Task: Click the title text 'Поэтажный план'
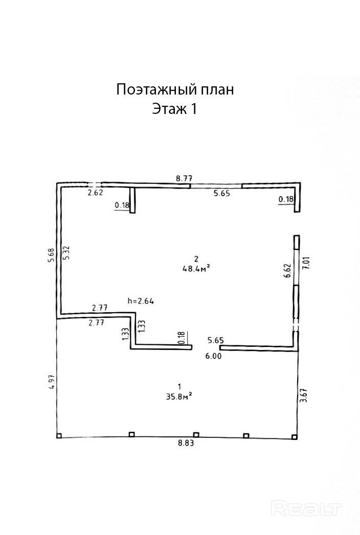(x=175, y=90)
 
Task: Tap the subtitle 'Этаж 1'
(x=174, y=109)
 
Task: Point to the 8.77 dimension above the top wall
(x=184, y=178)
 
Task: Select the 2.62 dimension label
(x=96, y=193)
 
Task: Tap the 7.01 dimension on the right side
(x=306, y=265)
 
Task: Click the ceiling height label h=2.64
(x=141, y=301)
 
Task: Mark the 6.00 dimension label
(x=213, y=357)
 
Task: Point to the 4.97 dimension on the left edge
(x=50, y=383)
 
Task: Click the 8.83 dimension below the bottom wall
(x=186, y=444)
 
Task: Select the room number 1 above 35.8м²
(x=178, y=386)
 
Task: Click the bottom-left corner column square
(x=59, y=436)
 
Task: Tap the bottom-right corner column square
(x=294, y=436)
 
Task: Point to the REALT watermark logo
(x=306, y=508)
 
